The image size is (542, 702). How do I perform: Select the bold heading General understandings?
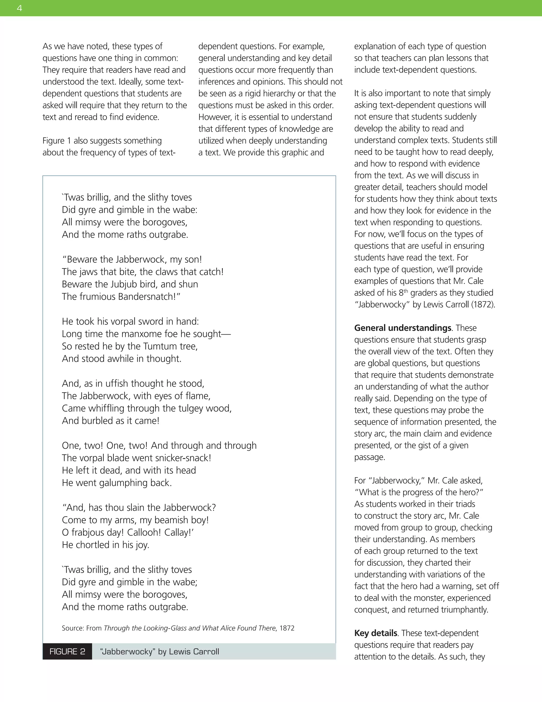pyautogui.click(x=403, y=328)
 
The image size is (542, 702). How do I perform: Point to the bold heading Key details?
pyautogui.click(x=375, y=633)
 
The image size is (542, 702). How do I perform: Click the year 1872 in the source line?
pyautogui.click(x=287, y=628)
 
